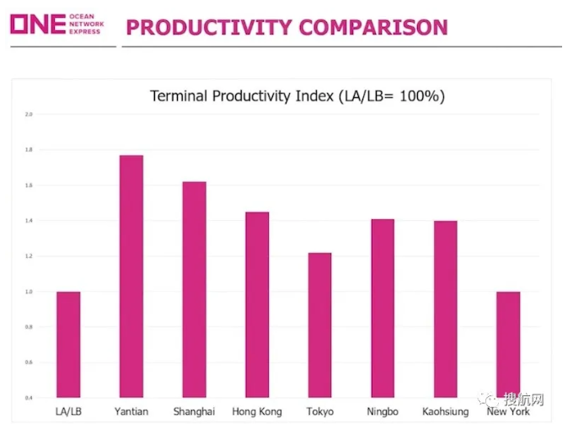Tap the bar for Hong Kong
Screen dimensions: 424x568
coord(257,304)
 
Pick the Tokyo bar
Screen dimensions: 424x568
coord(319,325)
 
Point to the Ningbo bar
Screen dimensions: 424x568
coord(383,308)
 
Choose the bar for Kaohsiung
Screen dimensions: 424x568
coord(445,309)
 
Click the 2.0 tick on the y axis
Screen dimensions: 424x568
coord(29,114)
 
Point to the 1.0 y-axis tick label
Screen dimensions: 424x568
coord(29,292)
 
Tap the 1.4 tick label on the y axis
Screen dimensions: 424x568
coord(29,221)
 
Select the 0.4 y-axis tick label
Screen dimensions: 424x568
coord(29,398)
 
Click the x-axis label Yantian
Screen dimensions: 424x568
coord(131,411)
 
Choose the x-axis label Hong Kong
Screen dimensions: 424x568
coord(257,411)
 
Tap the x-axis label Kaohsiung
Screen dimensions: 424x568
coord(445,411)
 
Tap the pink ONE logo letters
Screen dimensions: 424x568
coord(37,23)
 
